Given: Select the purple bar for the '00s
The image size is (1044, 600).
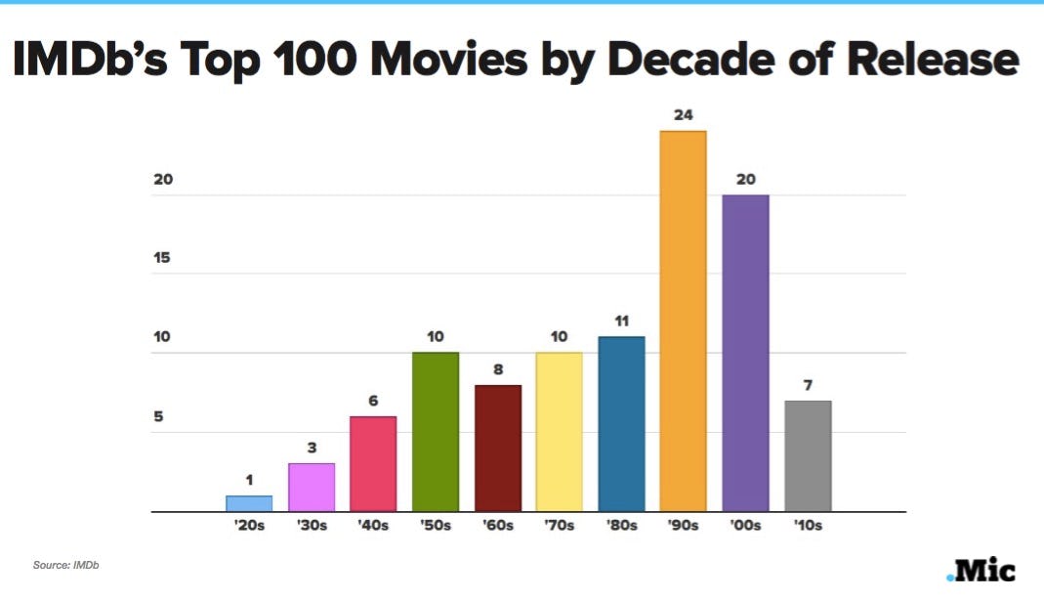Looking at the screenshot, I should (x=745, y=353).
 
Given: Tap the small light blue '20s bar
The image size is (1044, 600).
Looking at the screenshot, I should (x=249, y=503).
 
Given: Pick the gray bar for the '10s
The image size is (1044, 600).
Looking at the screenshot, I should (x=808, y=455).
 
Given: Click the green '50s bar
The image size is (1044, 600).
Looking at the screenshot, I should (x=436, y=431).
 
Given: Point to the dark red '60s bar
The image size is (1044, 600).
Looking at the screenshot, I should (x=498, y=448).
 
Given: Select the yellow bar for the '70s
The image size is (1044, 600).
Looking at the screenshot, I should (x=560, y=431).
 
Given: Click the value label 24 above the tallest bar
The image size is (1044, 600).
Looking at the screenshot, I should (x=683, y=115).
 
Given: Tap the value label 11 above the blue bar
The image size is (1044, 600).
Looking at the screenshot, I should (x=621, y=321).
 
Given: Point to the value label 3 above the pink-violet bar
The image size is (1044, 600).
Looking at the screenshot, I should (x=312, y=448).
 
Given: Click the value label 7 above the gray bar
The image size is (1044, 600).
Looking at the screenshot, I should (x=808, y=385).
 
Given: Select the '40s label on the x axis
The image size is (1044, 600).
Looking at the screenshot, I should (x=373, y=526).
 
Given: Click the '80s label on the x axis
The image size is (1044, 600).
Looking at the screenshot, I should (x=621, y=526).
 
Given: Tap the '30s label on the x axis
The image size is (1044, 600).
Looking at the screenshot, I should (x=312, y=526).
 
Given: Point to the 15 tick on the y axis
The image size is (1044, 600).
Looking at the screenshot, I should (x=163, y=259).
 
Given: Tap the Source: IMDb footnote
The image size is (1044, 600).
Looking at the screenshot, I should (x=66, y=566).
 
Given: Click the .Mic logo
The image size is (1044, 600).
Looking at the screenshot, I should (x=981, y=570).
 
